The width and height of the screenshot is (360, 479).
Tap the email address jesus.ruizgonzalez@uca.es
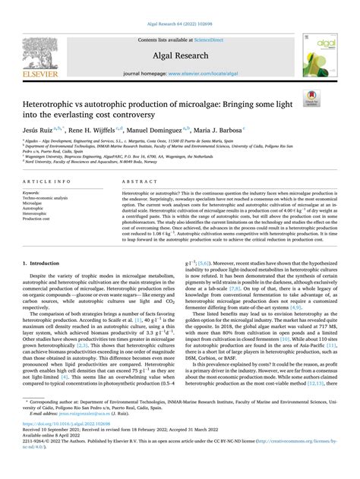84,436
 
